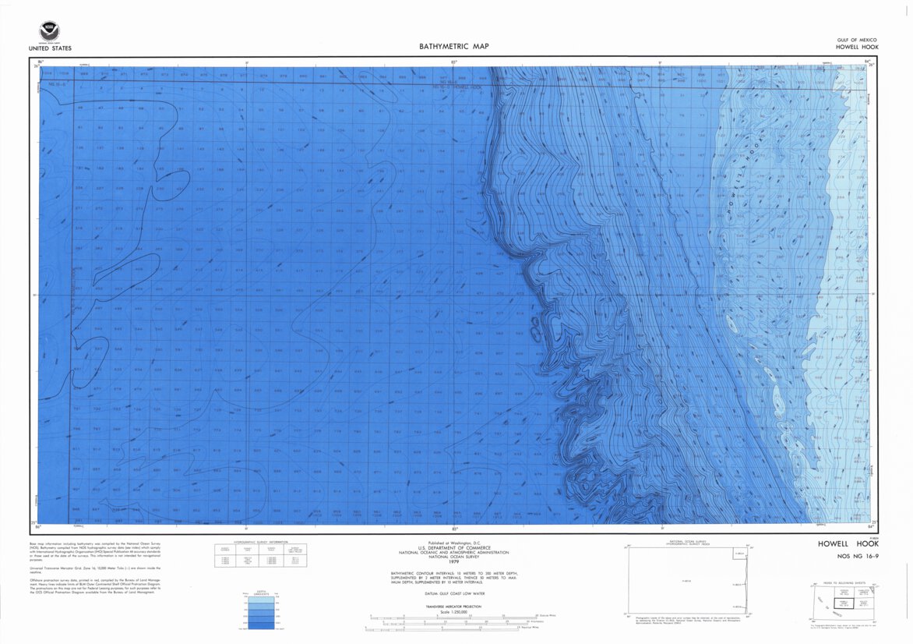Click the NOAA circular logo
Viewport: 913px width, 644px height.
coord(49,32)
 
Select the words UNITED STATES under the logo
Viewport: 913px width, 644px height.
coord(49,48)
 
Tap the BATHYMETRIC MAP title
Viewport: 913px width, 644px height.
coord(454,47)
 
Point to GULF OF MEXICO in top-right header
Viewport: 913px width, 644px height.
coord(857,40)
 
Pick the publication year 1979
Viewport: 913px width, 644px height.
coord(455,561)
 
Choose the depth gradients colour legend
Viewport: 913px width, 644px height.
coord(258,610)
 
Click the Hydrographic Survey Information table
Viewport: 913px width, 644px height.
coord(261,554)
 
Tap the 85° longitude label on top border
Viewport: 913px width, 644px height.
coord(454,61)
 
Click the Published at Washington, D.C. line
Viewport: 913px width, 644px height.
coord(455,543)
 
